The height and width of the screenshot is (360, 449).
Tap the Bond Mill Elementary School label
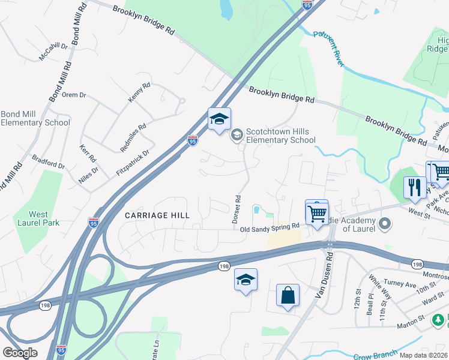point(35,118)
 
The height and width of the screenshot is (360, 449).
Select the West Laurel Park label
point(38,219)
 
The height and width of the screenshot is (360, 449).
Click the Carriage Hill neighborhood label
point(157,215)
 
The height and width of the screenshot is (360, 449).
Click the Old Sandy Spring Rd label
point(269,227)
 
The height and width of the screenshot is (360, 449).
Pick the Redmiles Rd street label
point(133,137)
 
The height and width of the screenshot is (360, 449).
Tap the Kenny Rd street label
point(139,94)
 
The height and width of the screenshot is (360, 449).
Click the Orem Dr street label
point(74,95)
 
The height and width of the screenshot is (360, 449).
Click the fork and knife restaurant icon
point(414,187)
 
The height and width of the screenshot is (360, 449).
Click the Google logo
point(20,352)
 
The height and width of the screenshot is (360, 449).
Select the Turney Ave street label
point(400,284)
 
